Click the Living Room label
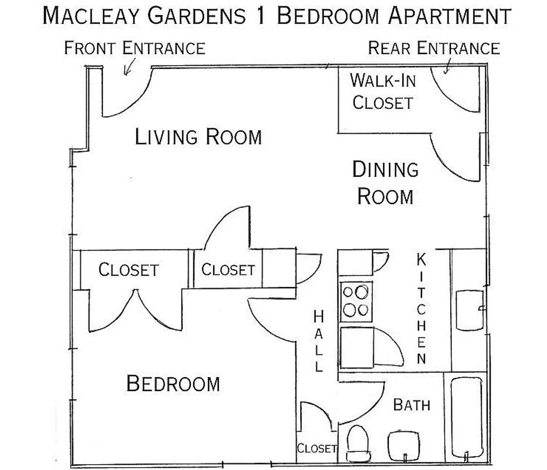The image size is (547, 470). [198, 137]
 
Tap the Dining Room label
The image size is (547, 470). [385, 183]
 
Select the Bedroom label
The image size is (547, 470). [173, 383]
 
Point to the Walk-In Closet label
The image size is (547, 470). [383, 91]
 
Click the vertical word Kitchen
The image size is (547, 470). [421, 309]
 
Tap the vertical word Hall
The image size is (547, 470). [319, 341]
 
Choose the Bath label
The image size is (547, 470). [412, 405]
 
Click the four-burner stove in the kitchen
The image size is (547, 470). [356, 302]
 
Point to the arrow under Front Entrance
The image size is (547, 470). [129, 67]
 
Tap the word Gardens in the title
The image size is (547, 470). [197, 16]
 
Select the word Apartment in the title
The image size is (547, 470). [450, 16]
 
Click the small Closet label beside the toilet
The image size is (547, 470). [317, 448]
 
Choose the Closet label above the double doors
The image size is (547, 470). [128, 270]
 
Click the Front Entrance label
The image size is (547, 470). [135, 48]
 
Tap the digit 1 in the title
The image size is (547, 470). [262, 16]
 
